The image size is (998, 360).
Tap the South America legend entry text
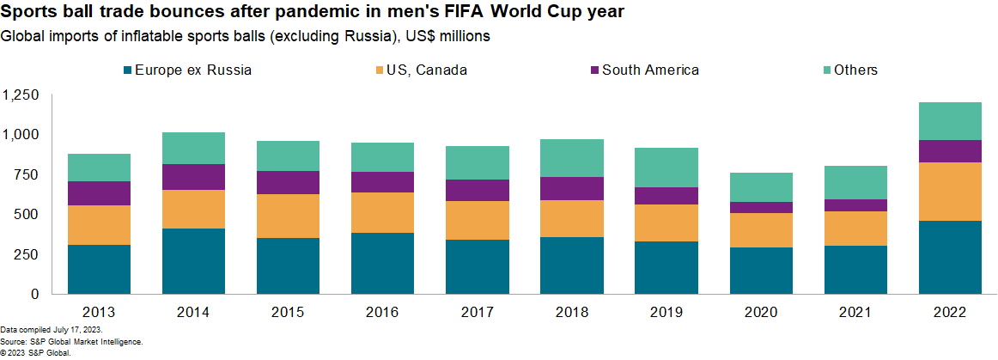click(650, 70)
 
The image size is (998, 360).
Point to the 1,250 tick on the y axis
click(21, 95)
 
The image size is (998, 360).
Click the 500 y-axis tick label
click(27, 214)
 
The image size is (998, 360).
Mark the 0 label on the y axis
click(34, 294)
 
